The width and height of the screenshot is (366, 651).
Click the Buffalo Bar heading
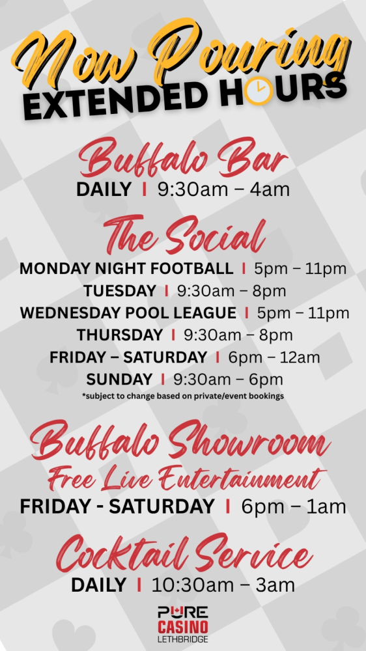click(x=183, y=159)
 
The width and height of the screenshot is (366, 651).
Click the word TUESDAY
click(x=120, y=290)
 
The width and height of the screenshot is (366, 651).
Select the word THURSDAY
click(x=120, y=335)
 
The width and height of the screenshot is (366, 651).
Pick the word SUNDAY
click(x=119, y=379)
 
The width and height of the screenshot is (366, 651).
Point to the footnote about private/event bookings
click(x=183, y=396)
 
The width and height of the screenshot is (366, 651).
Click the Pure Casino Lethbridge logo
click(x=183, y=624)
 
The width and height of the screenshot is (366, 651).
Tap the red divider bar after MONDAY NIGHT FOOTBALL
click(x=244, y=269)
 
